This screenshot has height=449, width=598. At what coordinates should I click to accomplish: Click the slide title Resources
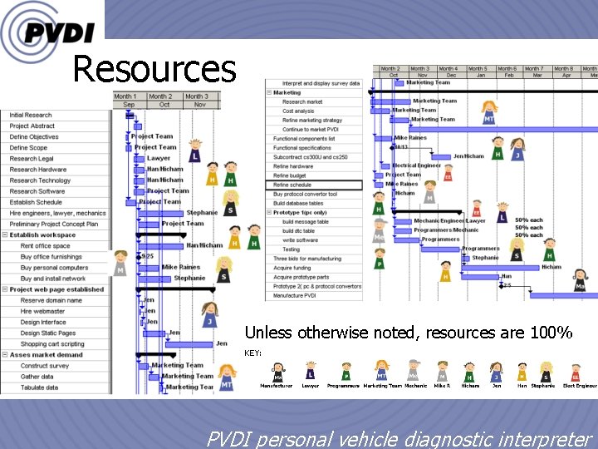[154, 69]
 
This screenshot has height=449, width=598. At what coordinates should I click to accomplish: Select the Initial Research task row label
[31, 116]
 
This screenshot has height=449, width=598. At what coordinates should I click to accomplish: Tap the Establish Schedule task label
[36, 202]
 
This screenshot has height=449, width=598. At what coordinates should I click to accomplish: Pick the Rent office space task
[45, 246]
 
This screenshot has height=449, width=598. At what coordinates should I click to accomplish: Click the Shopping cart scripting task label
[52, 343]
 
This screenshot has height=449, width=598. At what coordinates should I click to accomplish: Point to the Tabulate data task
[39, 387]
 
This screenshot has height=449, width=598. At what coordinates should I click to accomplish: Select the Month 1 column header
[125, 96]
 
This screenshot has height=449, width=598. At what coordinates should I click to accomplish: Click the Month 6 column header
[507, 69]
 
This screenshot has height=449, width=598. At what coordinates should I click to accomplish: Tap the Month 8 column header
[563, 69]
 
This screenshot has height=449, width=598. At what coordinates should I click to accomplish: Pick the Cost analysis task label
[298, 111]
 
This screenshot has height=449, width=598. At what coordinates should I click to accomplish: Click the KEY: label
[252, 353]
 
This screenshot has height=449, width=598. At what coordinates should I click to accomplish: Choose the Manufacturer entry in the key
[277, 385]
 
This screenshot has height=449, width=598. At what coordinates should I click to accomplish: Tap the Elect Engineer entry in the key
[579, 385]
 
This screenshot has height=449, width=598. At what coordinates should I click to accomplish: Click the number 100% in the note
[556, 333]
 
